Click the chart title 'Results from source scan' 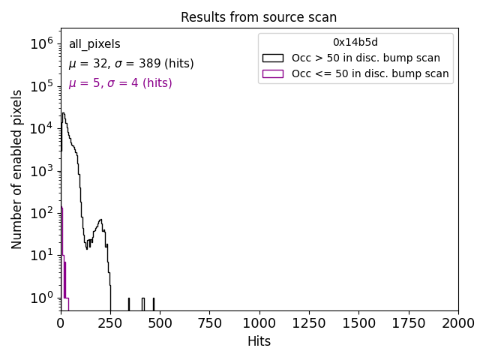(259, 17)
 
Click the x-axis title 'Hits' (259, 341)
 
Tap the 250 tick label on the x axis (110, 323)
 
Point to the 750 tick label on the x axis (209, 323)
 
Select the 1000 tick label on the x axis (259, 323)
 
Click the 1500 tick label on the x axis (358, 323)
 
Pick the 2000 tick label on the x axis (457, 323)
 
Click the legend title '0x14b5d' (355, 43)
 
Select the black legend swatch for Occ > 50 (273, 58)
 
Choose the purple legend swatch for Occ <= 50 (273, 73)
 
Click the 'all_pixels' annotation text (94, 44)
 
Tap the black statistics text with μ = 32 (131, 64)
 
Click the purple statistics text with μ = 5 (120, 83)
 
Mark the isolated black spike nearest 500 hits (154, 304)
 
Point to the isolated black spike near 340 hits (129, 304)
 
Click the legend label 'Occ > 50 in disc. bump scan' (366, 58)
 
